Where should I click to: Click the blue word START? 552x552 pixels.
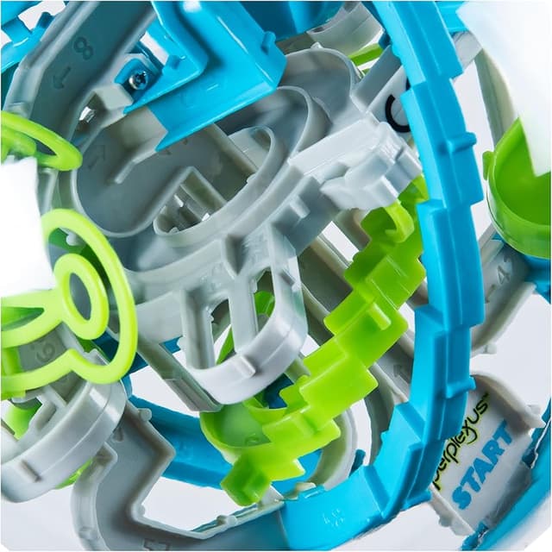[483, 466]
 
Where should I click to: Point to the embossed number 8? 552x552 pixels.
[84, 47]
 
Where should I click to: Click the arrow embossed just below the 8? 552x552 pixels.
[62, 80]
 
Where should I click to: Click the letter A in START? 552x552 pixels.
[483, 466]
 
